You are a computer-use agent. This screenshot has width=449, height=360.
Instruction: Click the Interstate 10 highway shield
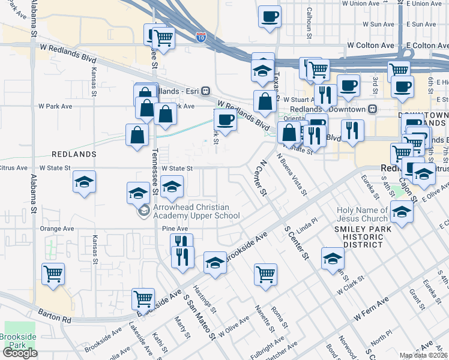coord(200,37)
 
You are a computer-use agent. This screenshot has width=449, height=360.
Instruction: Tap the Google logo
coord(20,353)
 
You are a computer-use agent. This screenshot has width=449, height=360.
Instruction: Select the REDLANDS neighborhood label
coord(74,154)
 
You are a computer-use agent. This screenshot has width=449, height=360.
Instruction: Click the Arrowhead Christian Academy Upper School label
coord(197,211)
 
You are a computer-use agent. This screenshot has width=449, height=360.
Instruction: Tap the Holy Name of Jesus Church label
coord(362,214)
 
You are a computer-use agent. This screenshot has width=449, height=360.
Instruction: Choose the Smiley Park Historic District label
coord(360,236)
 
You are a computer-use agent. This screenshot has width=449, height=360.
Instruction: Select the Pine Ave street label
coord(175,229)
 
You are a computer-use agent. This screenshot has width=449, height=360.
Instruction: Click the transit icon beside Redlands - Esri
coord(205,90)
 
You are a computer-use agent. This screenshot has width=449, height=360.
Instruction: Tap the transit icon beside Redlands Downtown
coord(372,109)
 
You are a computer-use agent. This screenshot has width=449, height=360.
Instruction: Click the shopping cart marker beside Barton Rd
coord(143,298)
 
